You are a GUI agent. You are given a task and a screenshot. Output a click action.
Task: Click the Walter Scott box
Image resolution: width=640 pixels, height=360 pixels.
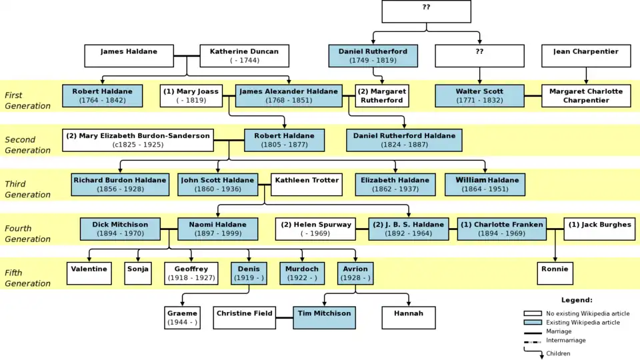[479, 96]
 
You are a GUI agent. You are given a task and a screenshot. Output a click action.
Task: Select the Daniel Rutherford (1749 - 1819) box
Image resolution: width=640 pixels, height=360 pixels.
[373, 56]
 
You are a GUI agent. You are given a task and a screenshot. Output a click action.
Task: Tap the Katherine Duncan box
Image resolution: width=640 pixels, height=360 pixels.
[244, 56]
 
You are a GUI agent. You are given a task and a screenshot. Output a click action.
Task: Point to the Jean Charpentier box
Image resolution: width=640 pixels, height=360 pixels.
[586, 56]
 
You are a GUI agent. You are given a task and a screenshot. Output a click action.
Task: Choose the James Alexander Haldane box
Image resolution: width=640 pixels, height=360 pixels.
[289, 96]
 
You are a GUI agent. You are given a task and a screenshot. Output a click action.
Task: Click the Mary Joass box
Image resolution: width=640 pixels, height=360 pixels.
[191, 96]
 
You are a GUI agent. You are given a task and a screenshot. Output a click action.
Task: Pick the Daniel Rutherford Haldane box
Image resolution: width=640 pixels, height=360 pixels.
[404, 140]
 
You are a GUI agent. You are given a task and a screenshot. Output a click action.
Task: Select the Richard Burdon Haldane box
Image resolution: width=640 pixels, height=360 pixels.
[120, 185]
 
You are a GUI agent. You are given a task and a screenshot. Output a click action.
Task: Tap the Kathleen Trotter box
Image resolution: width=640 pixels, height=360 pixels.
[307, 185]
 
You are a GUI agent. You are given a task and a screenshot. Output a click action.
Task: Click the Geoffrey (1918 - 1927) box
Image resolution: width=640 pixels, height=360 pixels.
[191, 273]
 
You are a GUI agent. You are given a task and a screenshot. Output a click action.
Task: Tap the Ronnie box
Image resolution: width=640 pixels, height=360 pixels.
[555, 273]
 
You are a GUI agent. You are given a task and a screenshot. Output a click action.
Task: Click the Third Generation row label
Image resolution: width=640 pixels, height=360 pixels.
[27, 189]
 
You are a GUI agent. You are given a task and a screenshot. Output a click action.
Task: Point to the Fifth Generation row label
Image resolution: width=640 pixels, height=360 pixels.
[27, 278]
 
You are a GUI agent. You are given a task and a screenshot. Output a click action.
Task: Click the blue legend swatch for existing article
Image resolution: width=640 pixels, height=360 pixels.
[532, 323]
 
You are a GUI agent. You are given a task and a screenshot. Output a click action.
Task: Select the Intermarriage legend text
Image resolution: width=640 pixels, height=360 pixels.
[566, 340]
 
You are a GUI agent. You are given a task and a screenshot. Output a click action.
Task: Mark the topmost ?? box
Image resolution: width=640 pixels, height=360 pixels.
[426, 11]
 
